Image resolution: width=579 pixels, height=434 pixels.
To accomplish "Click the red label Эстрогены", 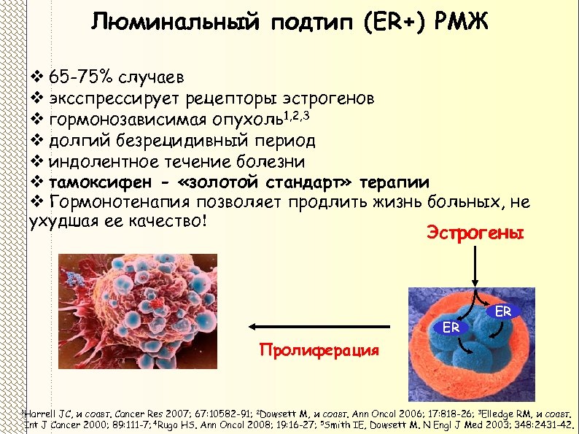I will (x=475, y=233).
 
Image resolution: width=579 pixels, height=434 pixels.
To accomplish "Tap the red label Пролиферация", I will (x=319, y=350).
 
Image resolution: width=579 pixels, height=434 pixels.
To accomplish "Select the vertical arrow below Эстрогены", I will (x=475, y=267).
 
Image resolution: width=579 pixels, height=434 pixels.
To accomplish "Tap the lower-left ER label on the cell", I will (x=451, y=328).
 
